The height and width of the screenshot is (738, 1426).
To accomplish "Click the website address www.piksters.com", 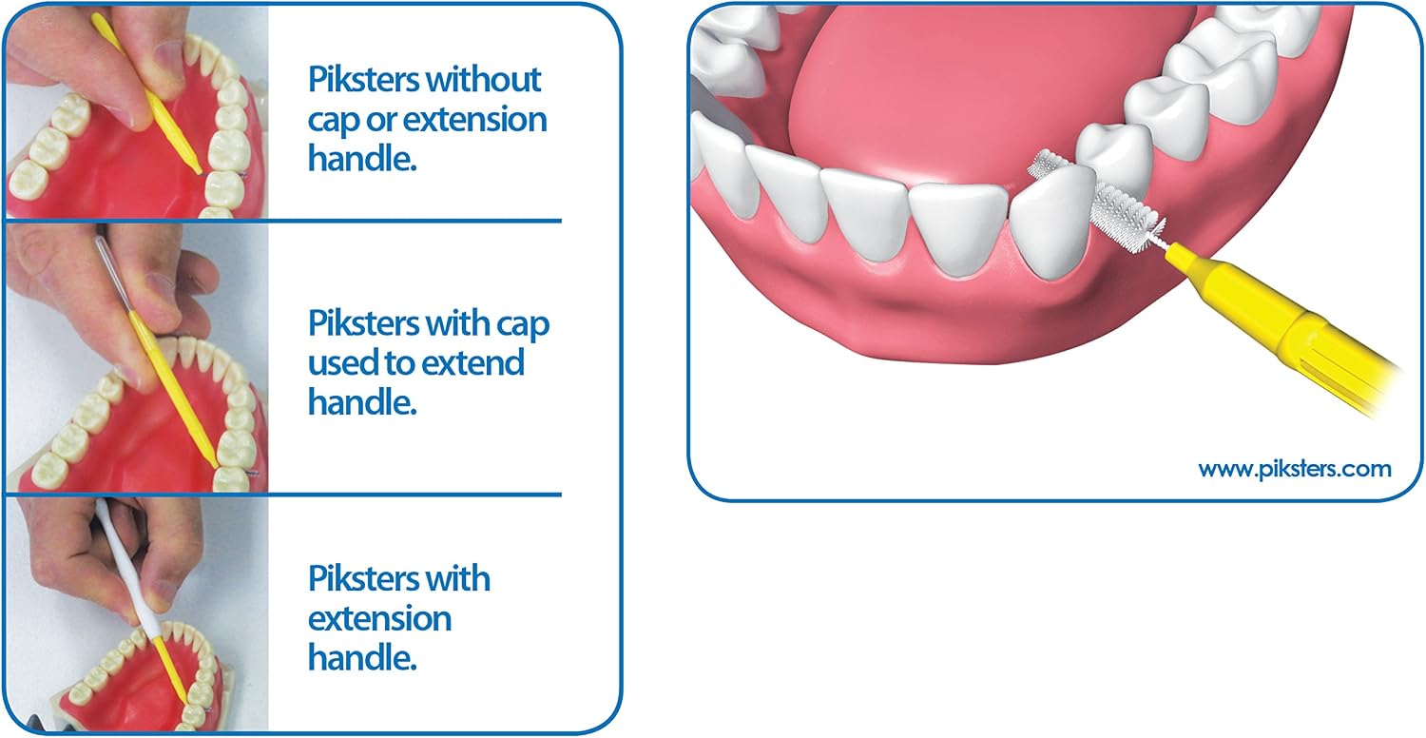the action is (1294, 469).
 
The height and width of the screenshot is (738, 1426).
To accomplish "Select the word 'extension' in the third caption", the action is (379, 619).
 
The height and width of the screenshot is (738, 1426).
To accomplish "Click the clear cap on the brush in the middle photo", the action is (112, 274).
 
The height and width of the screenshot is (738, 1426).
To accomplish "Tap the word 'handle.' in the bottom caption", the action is (362, 658).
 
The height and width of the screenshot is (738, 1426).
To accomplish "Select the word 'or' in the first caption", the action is (381, 121).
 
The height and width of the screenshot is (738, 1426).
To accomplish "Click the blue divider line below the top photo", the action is (283, 221).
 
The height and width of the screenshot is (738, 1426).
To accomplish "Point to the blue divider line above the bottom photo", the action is (283, 495).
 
